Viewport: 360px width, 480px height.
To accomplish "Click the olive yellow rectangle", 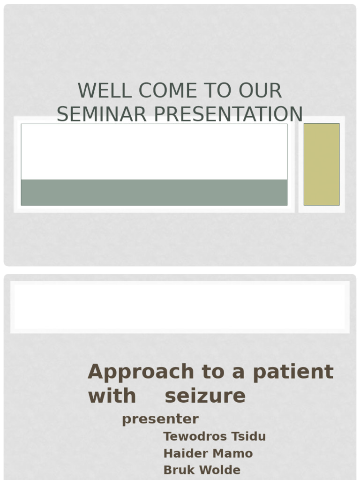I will pos(322,164).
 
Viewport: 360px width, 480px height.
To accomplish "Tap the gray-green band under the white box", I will pos(154,192).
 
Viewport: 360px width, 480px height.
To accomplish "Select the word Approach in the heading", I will pos(141,372).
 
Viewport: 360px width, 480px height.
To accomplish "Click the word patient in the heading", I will pos(293,372).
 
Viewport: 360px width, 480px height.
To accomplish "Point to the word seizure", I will pos(205,396).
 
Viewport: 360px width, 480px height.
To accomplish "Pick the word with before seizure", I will pos(112,396).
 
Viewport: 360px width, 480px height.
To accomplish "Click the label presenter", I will pos(160,419).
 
